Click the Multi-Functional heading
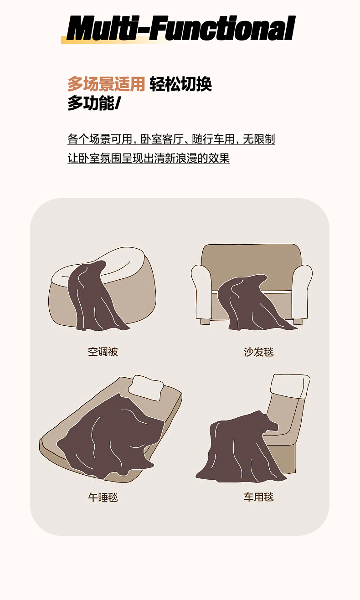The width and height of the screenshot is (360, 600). pyautogui.click(x=181, y=28)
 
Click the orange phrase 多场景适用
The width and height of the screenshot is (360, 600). pyautogui.click(x=106, y=84)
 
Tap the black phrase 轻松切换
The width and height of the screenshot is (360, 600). pyautogui.click(x=181, y=84)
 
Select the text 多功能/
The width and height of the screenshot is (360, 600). pyautogui.click(x=94, y=103)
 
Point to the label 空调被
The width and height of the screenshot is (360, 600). pyautogui.click(x=103, y=352)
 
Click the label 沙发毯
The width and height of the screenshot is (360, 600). pyautogui.click(x=259, y=352)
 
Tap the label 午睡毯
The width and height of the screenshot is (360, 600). pyautogui.click(x=103, y=497)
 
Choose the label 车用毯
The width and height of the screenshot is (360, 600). pyautogui.click(x=259, y=497)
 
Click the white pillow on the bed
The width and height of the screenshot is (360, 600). pyautogui.click(x=146, y=387)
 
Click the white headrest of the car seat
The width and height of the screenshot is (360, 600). pyautogui.click(x=290, y=386)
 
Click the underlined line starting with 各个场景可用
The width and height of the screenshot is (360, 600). pyautogui.click(x=171, y=139)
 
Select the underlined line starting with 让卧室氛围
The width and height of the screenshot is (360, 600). pyautogui.click(x=149, y=158)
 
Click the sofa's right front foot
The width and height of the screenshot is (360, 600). pyautogui.click(x=298, y=322)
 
